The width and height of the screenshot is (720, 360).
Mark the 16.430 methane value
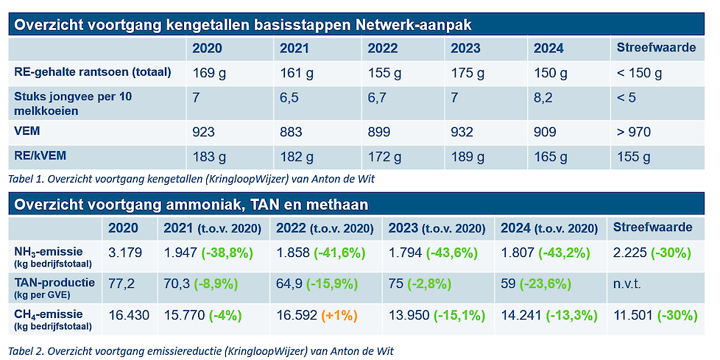pyautogui.click(x=128, y=315)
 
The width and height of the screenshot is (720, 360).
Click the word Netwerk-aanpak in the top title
pyautogui.click(x=414, y=25)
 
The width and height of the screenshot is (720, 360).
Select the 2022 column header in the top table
pyautogui.click(x=382, y=49)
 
